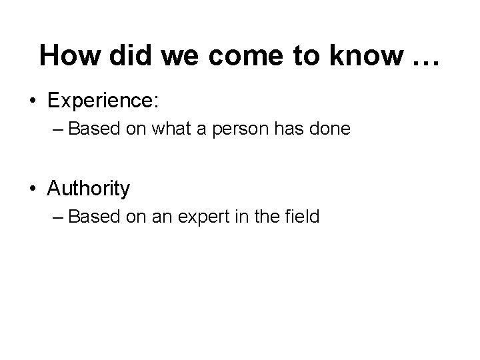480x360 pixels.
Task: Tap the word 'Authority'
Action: (89, 189)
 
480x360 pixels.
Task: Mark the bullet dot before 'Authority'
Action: (33, 189)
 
